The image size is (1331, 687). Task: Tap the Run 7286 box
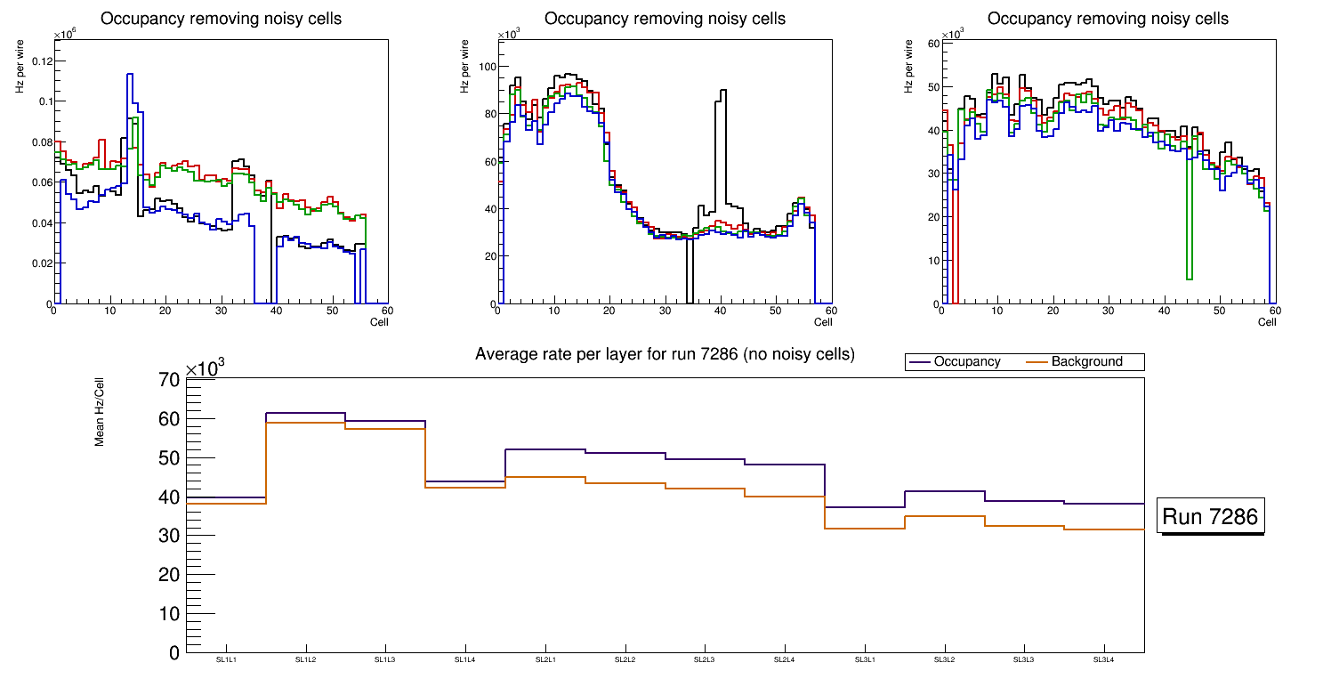click(x=1210, y=516)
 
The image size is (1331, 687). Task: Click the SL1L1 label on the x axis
click(x=227, y=660)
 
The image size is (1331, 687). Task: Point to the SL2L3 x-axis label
click(x=705, y=660)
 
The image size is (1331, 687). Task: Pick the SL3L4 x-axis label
click(x=1103, y=660)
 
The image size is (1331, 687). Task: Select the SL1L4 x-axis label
click(x=465, y=660)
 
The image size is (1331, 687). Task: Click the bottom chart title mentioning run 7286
click(x=665, y=354)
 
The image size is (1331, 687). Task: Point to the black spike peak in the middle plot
click(x=723, y=90)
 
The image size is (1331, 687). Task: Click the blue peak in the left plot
click(x=130, y=75)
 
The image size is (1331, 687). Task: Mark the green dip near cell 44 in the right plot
click(x=1190, y=279)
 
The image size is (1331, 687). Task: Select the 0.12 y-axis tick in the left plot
click(x=42, y=61)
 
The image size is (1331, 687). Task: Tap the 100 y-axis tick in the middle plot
click(x=485, y=67)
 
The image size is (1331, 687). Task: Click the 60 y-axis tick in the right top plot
click(x=933, y=43)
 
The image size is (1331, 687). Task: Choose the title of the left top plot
click(x=221, y=19)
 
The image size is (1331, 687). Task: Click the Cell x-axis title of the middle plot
click(x=822, y=321)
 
